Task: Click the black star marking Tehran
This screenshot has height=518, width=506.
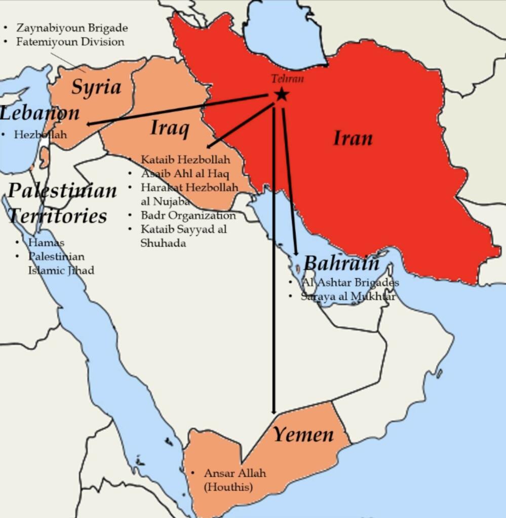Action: click(281, 94)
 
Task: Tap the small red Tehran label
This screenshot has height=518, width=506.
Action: click(287, 78)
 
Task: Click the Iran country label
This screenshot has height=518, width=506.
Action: click(353, 138)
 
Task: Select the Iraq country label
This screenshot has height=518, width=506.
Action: click(170, 128)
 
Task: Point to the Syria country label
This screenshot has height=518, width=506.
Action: click(96, 87)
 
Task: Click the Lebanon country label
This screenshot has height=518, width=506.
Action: click(40, 113)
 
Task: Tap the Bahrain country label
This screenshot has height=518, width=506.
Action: click(341, 263)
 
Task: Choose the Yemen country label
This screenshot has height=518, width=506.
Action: click(303, 435)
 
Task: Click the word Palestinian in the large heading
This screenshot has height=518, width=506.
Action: click(62, 191)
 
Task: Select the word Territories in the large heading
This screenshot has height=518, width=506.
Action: click(57, 215)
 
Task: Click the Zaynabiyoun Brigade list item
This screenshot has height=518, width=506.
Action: click(72, 28)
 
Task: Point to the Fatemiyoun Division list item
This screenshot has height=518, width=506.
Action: click(70, 41)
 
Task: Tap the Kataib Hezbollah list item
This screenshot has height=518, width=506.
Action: click(185, 160)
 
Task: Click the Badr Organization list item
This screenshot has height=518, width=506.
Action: click(188, 215)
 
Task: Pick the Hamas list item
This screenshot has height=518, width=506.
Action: click(46, 243)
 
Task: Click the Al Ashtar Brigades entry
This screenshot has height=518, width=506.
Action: click(350, 282)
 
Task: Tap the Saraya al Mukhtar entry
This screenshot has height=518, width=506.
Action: click(348, 296)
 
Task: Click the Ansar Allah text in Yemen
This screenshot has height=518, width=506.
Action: click(235, 473)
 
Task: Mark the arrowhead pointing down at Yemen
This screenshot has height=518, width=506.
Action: click(274, 411)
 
